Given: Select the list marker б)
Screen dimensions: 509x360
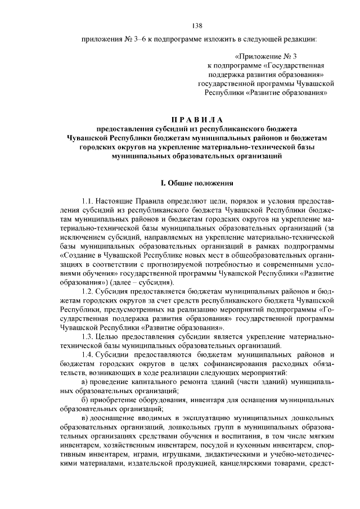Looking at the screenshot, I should tap(85, 399).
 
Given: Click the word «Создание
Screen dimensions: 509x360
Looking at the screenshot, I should tap(74, 255).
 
